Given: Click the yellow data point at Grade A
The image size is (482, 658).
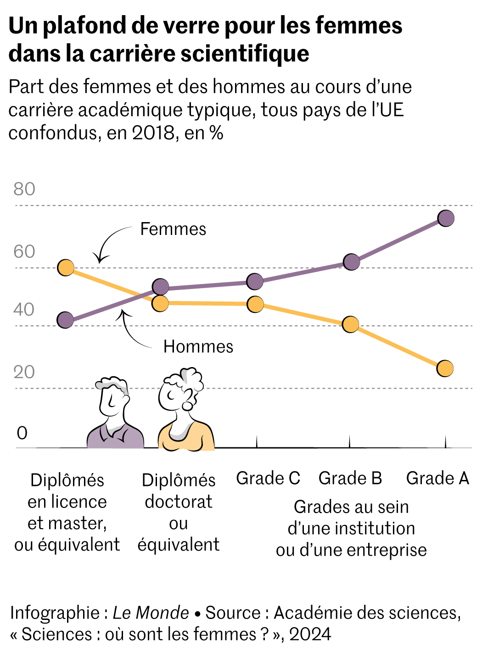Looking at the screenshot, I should pos(445,368).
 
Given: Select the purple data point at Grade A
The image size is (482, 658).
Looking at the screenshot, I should pos(446,218).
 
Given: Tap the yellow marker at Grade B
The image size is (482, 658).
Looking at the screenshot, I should pos(351,324).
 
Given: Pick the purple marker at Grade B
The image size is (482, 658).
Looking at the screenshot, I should pos(352,262).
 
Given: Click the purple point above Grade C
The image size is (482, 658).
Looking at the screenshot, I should pos(255,281).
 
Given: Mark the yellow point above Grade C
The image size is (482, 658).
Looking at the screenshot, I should pos(255,304).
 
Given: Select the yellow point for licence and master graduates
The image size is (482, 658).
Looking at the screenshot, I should pos(66,268).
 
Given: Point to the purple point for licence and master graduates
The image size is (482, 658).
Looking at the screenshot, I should pos(66,320).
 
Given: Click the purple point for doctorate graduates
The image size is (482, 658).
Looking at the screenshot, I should pos(160,287).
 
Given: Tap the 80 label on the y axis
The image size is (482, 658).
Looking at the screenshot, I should pos(24,189).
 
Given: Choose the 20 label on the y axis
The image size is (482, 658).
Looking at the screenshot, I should pos(24,372).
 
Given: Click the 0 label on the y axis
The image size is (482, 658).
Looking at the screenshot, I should pos(22,433).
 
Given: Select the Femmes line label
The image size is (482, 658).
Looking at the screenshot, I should pos(173,229).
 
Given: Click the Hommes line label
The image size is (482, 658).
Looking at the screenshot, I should pos(198,346).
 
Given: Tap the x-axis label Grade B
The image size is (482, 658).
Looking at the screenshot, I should pos(350,478).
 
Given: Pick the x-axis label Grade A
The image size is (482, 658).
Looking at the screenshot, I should pos(437,478).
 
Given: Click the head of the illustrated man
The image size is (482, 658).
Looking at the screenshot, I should pos(112,397).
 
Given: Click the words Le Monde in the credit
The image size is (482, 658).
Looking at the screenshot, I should pos(151,613).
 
